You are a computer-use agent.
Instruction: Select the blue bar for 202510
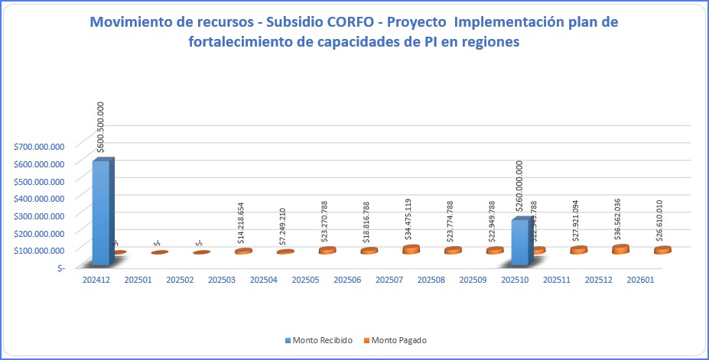[x=520, y=242]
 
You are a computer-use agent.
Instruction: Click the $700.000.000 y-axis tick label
[x=39, y=146]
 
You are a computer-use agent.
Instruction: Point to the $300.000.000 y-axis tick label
[x=39, y=216]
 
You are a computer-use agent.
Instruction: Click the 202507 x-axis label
[x=389, y=281]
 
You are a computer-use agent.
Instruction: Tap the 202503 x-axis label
[x=222, y=281]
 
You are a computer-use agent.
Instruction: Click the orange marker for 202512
[x=620, y=249]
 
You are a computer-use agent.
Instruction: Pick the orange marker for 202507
[x=411, y=249]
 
